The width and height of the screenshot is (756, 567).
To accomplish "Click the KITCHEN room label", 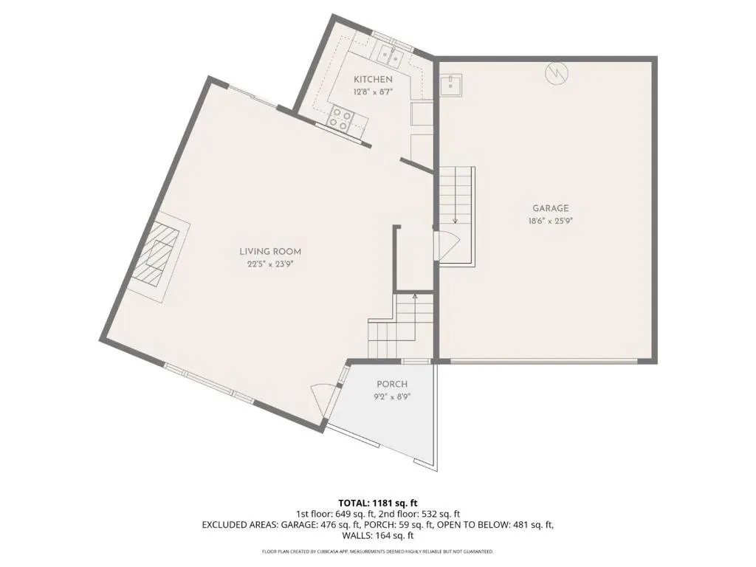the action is pyautogui.click(x=373, y=80).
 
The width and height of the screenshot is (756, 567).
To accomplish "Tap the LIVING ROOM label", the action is pyautogui.click(x=270, y=252).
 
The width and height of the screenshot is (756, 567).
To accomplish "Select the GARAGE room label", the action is pyautogui.click(x=550, y=208).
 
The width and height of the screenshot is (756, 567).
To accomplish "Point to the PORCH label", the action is pyautogui.click(x=391, y=384).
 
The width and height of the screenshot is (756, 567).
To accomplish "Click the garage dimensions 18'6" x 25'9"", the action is pyautogui.click(x=550, y=221).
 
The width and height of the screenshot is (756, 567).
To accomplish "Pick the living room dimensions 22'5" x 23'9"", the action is pyautogui.click(x=270, y=264).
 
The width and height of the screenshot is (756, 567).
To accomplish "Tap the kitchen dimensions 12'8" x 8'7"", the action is pyautogui.click(x=373, y=92).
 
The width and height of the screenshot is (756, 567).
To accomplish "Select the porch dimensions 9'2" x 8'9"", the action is pyautogui.click(x=391, y=397).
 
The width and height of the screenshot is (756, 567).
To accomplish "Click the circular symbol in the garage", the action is pyautogui.click(x=557, y=73).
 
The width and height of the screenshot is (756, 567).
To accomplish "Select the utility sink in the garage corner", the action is pyautogui.click(x=451, y=86).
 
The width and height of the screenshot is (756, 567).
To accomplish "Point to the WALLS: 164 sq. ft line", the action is pyautogui.click(x=378, y=535).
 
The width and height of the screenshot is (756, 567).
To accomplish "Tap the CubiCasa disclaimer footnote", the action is pyautogui.click(x=378, y=551).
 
